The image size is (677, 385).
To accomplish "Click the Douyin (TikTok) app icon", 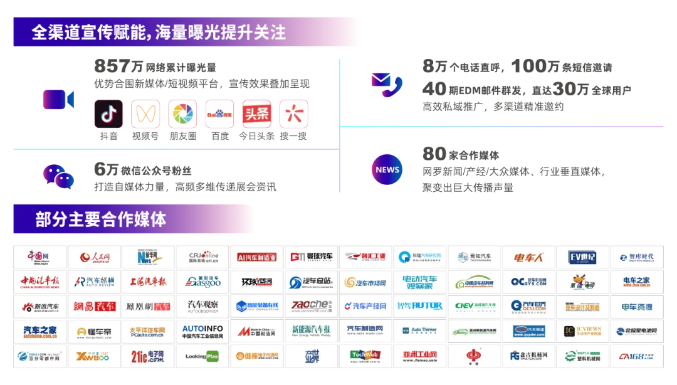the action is click(109, 114).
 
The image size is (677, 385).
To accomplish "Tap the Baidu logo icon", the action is click(219, 114).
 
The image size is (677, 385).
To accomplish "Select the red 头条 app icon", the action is click(256, 114).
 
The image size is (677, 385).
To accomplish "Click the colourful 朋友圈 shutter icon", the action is click(182, 114).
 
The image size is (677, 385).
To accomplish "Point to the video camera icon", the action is click(58, 99).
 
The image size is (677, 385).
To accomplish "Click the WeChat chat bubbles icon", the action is click(58, 176).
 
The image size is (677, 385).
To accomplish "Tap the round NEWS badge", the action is click(387, 169).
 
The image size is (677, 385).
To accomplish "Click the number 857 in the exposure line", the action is click(112, 66).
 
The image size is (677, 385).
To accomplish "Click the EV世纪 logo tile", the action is click(582, 257).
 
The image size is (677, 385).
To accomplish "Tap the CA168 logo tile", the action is click(636, 356).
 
